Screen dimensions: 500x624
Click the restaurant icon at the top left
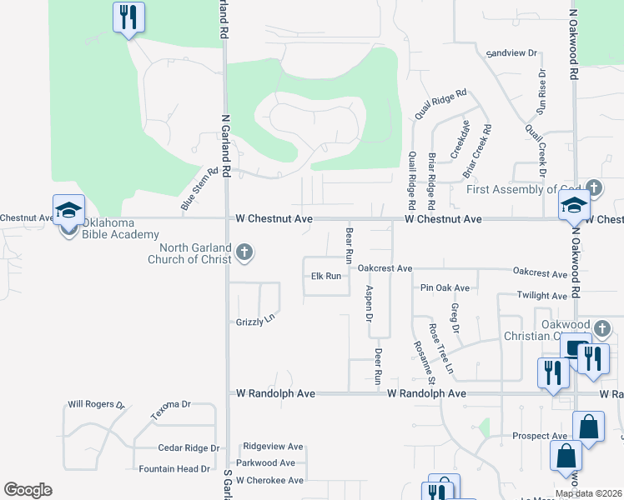point(128,17)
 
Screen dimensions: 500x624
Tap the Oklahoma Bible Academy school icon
point(69,210)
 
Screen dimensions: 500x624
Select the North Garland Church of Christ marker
point(244,252)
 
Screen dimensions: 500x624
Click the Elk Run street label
point(326,276)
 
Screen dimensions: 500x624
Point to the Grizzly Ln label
point(255,320)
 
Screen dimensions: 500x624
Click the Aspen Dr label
point(369,303)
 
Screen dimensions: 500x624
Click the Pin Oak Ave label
point(445,288)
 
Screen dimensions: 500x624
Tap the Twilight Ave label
point(541,296)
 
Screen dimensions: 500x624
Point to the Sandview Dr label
point(511,52)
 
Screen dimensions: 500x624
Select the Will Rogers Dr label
point(96,404)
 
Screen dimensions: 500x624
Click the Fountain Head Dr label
point(174,469)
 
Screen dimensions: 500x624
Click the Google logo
point(28,490)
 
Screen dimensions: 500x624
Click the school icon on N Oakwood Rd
point(575,207)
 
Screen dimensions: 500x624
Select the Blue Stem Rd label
point(194,187)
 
